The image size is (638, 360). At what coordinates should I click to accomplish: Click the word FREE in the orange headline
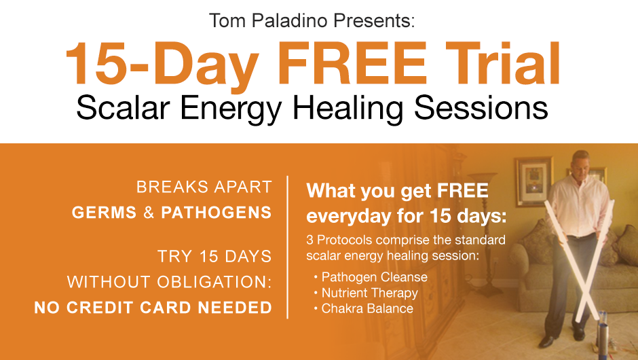tap(353, 63)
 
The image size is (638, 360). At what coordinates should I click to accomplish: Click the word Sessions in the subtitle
tap(481, 107)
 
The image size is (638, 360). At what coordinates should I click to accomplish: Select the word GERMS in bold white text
tap(104, 213)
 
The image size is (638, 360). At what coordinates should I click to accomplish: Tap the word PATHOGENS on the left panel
tap(217, 213)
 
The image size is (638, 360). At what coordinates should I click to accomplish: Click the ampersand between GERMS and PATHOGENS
tap(149, 213)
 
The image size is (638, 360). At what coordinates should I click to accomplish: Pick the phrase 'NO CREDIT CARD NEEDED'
tap(153, 308)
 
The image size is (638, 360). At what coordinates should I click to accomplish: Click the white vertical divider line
tap(288, 247)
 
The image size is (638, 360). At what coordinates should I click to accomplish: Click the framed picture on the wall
tap(533, 181)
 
